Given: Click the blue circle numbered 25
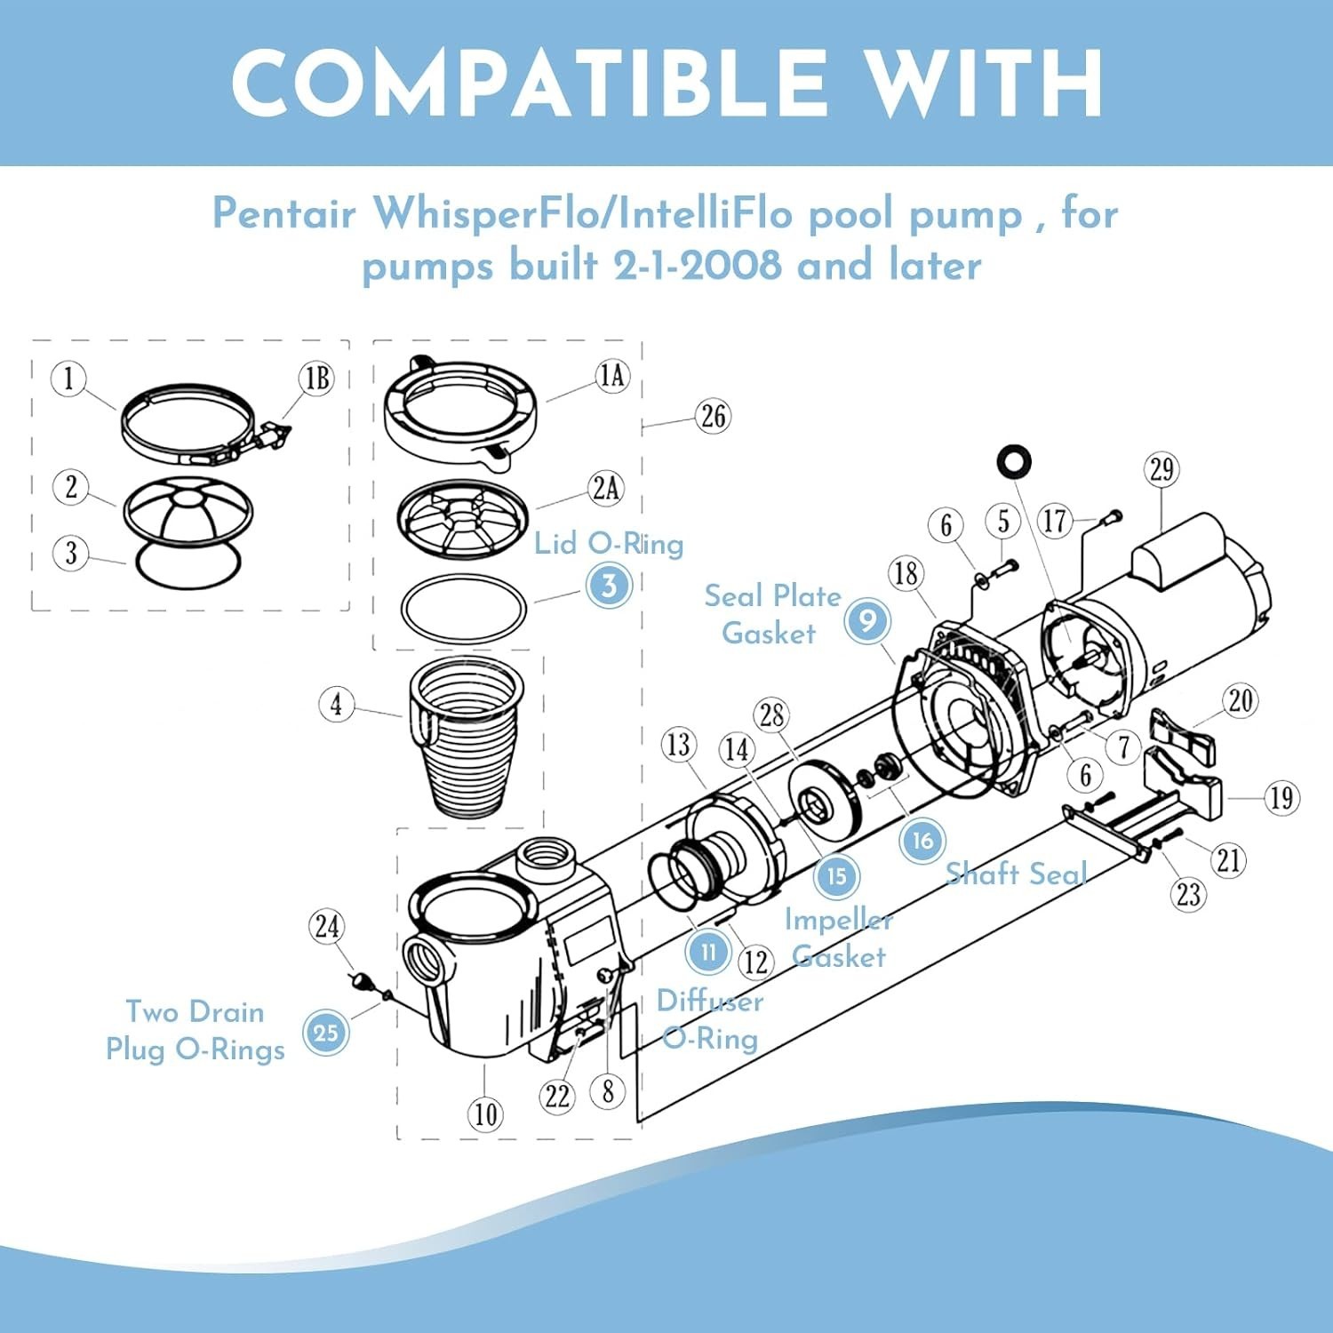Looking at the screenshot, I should tap(326, 1033).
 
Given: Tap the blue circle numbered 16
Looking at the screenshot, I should tap(922, 840).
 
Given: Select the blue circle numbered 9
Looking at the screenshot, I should tap(866, 619).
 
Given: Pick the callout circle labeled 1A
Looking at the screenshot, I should tap(612, 376).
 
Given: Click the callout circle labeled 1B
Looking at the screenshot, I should tap(316, 379).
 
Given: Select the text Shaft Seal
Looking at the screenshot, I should tap(1016, 874).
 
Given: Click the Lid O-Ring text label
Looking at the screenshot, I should tap(609, 543).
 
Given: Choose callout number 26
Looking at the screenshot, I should tap(713, 416).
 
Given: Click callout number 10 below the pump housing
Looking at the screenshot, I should tap(485, 1113).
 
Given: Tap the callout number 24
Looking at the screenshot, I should tap(327, 927).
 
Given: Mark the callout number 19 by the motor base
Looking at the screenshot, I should tap(1281, 798).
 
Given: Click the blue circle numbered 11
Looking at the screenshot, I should tap(708, 953).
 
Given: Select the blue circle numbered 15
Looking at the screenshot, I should tap(836, 876).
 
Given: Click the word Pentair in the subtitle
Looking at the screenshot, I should tap(283, 214).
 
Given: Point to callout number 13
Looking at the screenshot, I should tap(679, 744).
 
